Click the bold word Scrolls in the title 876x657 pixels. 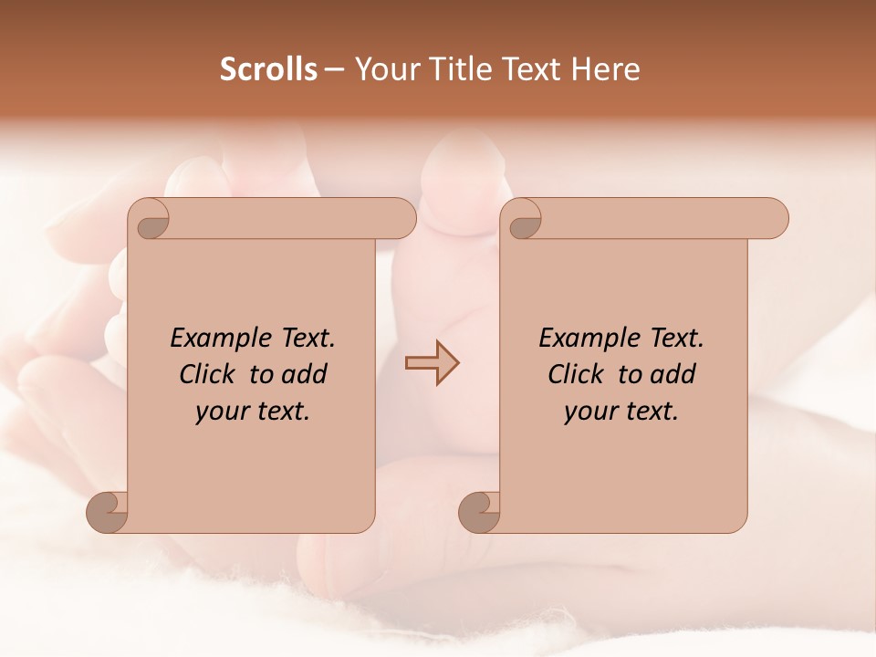(x=268, y=69)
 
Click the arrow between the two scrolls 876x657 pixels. (x=432, y=363)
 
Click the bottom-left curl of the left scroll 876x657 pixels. (x=107, y=512)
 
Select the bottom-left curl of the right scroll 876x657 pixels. (x=479, y=512)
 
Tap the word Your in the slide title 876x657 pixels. (x=383, y=69)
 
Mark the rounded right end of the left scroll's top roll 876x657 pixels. (x=405, y=219)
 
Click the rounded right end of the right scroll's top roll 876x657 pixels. (x=777, y=219)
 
